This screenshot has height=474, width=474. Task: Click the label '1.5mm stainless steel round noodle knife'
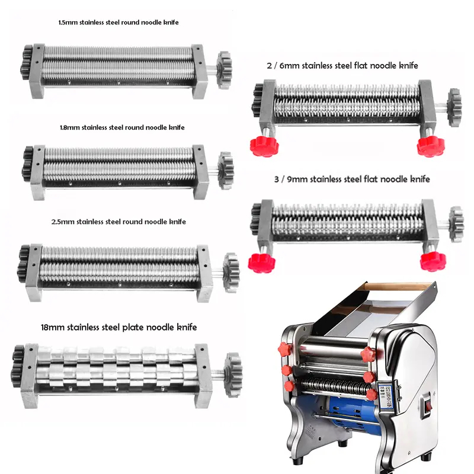(118, 23)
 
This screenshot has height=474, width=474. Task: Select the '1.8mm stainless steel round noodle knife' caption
(122, 127)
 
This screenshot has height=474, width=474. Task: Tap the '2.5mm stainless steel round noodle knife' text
(118, 222)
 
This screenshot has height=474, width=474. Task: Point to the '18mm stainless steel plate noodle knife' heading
(119, 327)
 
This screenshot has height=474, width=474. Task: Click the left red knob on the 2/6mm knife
(264, 146)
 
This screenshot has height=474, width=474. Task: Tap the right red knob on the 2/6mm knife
(431, 146)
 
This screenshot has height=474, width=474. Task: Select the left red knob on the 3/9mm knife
(261, 263)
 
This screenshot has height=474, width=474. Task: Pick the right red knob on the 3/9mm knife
(433, 261)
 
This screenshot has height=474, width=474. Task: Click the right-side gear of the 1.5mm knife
(225, 70)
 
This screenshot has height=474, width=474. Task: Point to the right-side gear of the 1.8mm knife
(226, 171)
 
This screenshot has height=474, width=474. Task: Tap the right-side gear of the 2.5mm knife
(231, 273)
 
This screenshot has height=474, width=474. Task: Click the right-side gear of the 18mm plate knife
(233, 375)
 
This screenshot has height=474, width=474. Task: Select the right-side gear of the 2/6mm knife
(454, 108)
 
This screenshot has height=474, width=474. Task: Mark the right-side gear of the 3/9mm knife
(456, 225)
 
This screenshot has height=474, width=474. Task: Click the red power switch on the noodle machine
(428, 405)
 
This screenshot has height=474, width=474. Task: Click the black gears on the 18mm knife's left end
(18, 366)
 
